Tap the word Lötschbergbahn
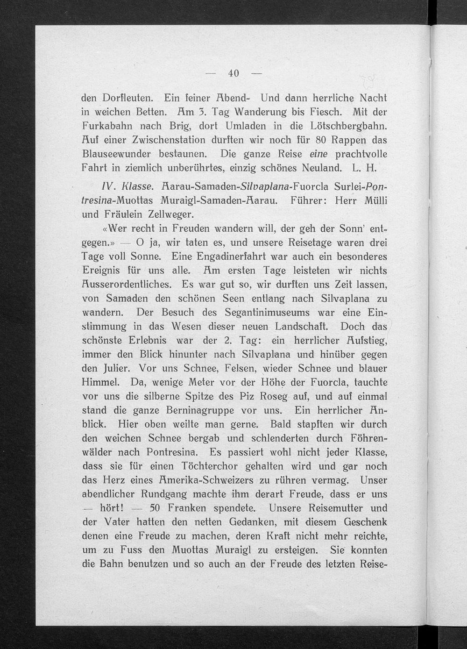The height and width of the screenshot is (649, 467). tap(348, 126)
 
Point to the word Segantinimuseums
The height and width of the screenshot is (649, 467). tap(267, 312)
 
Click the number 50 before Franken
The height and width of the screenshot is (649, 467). tap(154, 508)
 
